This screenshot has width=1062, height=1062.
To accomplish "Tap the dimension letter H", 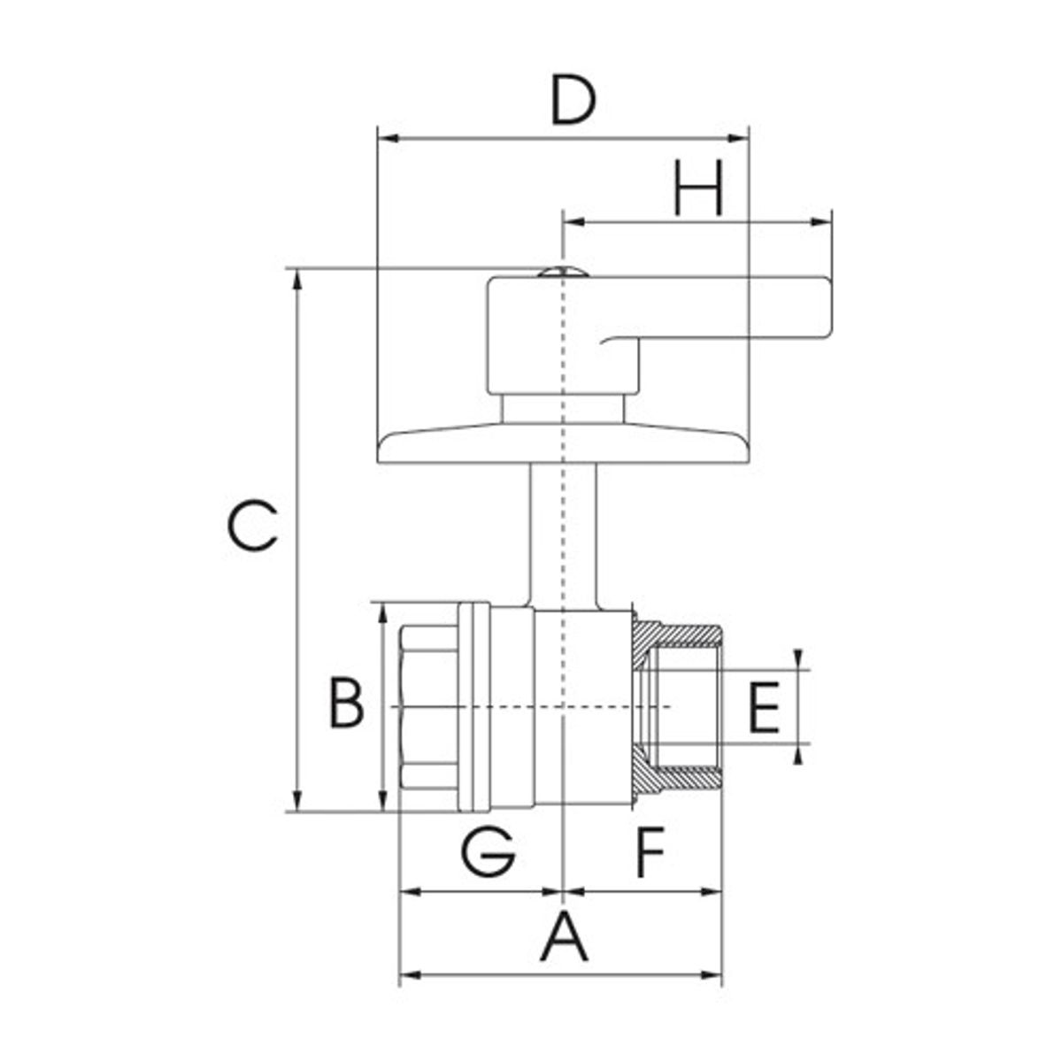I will [698, 189].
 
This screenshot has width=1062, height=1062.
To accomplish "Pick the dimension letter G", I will [488, 851].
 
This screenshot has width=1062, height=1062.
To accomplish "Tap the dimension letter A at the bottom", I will [564, 938].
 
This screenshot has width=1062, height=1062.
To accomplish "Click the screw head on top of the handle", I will [563, 270].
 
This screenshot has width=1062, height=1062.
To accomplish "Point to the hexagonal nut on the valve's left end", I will [428, 708].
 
